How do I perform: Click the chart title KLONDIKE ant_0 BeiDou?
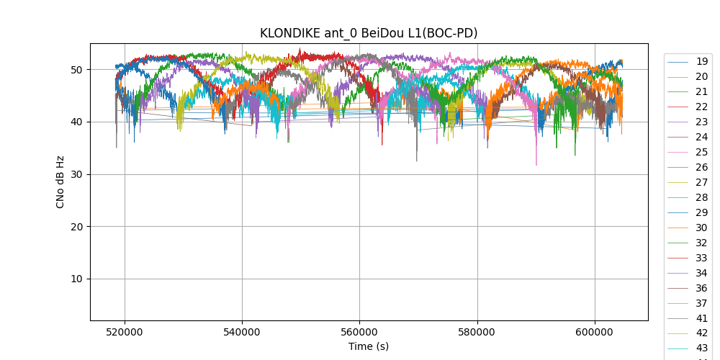click(x=369, y=33)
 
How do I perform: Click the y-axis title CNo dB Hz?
click(x=60, y=181)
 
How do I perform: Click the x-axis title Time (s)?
click(x=369, y=346)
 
